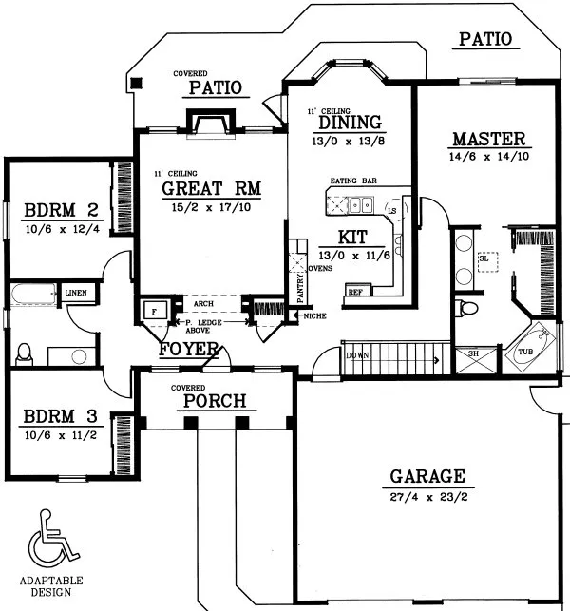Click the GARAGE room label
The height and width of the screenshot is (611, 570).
(426, 476)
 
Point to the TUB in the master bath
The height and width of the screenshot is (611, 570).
(525, 353)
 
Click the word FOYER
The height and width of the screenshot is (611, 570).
(190, 349)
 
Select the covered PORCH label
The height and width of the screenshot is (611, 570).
(215, 400)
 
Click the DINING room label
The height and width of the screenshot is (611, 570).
(350, 123)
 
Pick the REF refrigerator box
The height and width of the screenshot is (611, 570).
(356, 292)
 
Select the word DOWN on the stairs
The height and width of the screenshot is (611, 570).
(357, 355)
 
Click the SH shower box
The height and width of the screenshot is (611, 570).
(472, 354)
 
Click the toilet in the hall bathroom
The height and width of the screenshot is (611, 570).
(25, 353)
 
